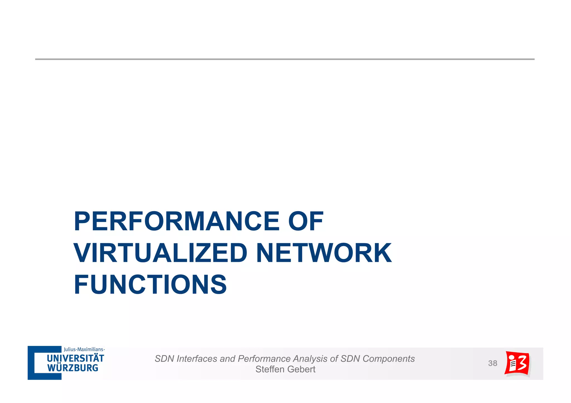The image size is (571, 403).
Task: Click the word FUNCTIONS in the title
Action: tap(150, 284)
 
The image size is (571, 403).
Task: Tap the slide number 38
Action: tap(493, 363)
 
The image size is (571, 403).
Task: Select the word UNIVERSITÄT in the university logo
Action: tap(75, 358)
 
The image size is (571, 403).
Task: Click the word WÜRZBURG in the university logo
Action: tap(72, 368)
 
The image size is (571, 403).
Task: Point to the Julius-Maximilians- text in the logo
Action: tap(84, 349)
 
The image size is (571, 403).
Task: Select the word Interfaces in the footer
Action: tap(197, 359)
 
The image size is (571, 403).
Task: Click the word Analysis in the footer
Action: tap(310, 359)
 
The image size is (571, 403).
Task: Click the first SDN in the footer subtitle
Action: tap(164, 359)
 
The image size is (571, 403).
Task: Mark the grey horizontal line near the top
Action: tap(285, 59)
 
